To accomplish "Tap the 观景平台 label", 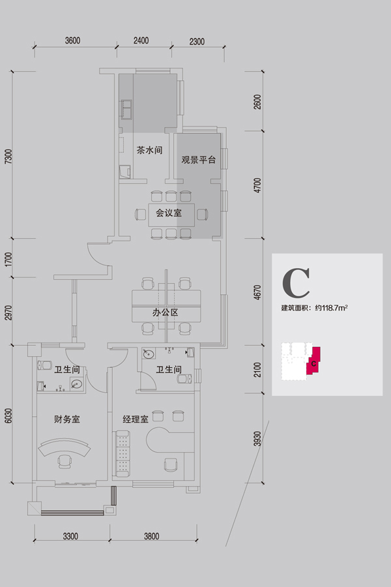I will coord(198,159).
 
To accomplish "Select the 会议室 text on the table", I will coord(168,213).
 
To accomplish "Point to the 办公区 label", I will coord(166,312).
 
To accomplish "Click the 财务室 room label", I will coord(66,419).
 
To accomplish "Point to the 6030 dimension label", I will coord(8,417).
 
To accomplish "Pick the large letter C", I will coord(295,282).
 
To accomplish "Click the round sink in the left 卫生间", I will coord(76,384).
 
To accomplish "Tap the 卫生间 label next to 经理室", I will coord(169,370).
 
